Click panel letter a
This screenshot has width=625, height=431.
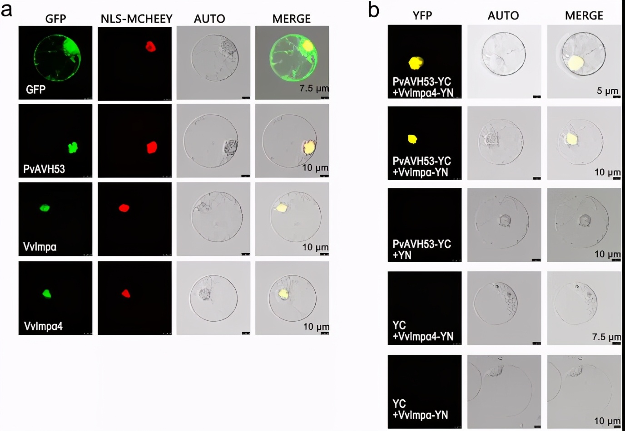point(6,10)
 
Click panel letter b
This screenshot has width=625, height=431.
point(374,10)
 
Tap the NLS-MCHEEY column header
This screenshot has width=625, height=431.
point(136,19)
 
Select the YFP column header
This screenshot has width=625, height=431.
point(422,15)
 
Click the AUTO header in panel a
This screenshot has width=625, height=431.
point(209,19)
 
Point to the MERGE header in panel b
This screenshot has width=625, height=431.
point(584,15)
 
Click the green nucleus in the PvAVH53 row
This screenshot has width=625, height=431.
point(73,147)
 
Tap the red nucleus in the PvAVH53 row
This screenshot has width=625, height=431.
point(152,147)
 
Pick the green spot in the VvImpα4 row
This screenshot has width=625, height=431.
point(47,294)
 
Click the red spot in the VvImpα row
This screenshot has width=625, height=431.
point(124,208)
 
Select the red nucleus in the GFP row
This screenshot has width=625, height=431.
point(151,47)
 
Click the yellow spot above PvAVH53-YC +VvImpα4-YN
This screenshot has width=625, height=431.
point(416,63)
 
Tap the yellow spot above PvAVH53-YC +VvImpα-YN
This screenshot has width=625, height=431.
point(412,139)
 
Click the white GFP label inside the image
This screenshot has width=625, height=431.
point(36,89)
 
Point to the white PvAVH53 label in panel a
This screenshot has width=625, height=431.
point(44,169)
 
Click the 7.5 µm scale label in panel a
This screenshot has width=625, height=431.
point(314,88)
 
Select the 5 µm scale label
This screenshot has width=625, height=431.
point(607,91)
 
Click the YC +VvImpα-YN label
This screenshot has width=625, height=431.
point(420,409)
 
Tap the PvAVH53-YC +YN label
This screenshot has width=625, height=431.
point(422,250)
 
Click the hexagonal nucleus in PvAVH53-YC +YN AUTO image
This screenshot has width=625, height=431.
point(505,220)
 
